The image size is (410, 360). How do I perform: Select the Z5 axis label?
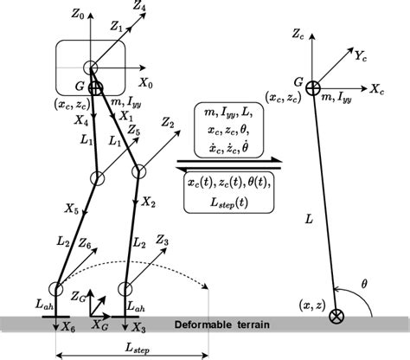pos(131,133)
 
